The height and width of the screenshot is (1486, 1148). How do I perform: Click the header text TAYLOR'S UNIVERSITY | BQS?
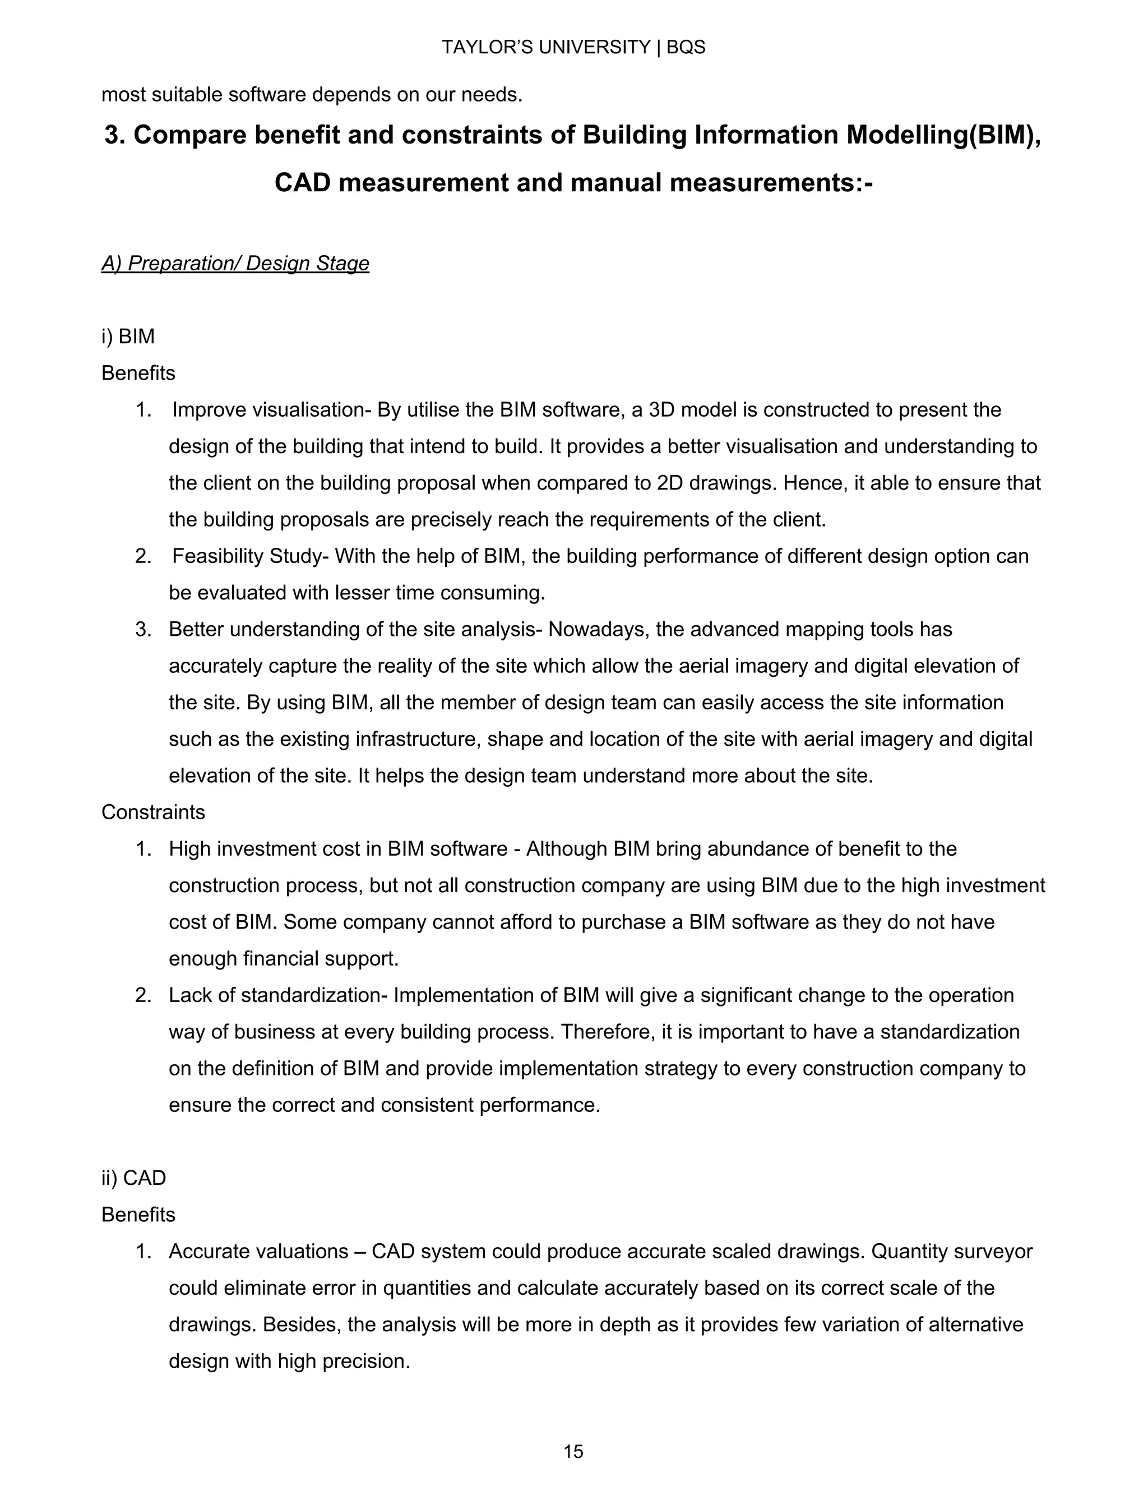pos(573,47)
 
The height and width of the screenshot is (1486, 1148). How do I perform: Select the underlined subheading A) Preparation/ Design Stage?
pos(235,264)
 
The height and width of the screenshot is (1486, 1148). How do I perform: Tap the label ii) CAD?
pos(133,1178)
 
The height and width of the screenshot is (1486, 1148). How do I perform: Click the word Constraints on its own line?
pos(153,812)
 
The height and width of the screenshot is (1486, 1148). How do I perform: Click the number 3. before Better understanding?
pos(143,629)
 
